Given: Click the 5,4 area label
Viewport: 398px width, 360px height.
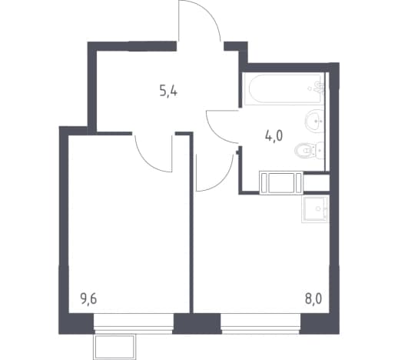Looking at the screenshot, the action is pyautogui.click(x=168, y=92).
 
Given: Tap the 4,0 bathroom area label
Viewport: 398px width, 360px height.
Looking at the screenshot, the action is pyautogui.click(x=274, y=136).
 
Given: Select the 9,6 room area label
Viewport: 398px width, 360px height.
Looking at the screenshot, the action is pyautogui.click(x=88, y=299).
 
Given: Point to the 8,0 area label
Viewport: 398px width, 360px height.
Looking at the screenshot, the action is pyautogui.click(x=313, y=299).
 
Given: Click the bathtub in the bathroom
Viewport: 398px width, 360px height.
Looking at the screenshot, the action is pyautogui.click(x=284, y=89).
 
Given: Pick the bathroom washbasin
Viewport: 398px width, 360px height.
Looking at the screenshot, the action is pyautogui.click(x=314, y=121).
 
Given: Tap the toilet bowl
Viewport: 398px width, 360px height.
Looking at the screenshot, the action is pyautogui.click(x=304, y=150).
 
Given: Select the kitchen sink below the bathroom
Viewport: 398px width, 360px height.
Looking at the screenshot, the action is pyautogui.click(x=315, y=209).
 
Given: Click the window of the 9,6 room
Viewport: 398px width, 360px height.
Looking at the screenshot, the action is pyautogui.click(x=133, y=323).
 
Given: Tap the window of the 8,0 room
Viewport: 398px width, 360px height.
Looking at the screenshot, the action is pyautogui.click(x=260, y=323).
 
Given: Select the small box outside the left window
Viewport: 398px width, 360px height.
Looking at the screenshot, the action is pyautogui.click(x=114, y=347).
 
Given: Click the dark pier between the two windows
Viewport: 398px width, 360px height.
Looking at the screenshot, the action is pyautogui.click(x=197, y=323).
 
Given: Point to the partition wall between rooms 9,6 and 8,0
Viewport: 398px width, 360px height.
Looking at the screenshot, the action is pyautogui.click(x=191, y=222).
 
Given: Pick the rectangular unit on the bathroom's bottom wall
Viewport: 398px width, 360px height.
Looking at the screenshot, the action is pyautogui.click(x=281, y=182).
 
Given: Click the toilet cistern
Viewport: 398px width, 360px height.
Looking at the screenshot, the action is pyautogui.click(x=320, y=150).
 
